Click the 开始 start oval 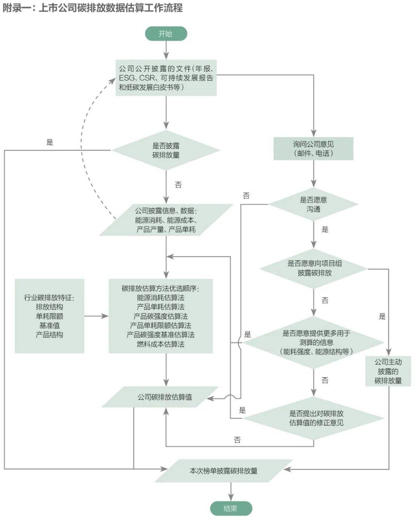pyautogui.click(x=166, y=33)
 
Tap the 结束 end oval pyautogui.click(x=231, y=508)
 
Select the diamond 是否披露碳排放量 pyautogui.click(x=166, y=150)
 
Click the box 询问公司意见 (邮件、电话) pyautogui.click(x=313, y=149)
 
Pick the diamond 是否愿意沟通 pyautogui.click(x=313, y=204)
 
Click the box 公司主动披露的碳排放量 pyautogui.click(x=388, y=371)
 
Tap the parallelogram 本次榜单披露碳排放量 pyautogui.click(x=224, y=471)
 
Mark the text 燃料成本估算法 pyautogui.click(x=161, y=344)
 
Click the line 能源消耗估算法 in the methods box pyautogui.click(x=161, y=297)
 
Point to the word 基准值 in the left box pyautogui.click(x=49, y=325)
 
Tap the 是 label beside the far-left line pyautogui.click(x=50, y=142)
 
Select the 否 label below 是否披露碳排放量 pyautogui.click(x=178, y=185)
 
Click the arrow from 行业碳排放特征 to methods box pyautogui.click(x=96, y=316)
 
